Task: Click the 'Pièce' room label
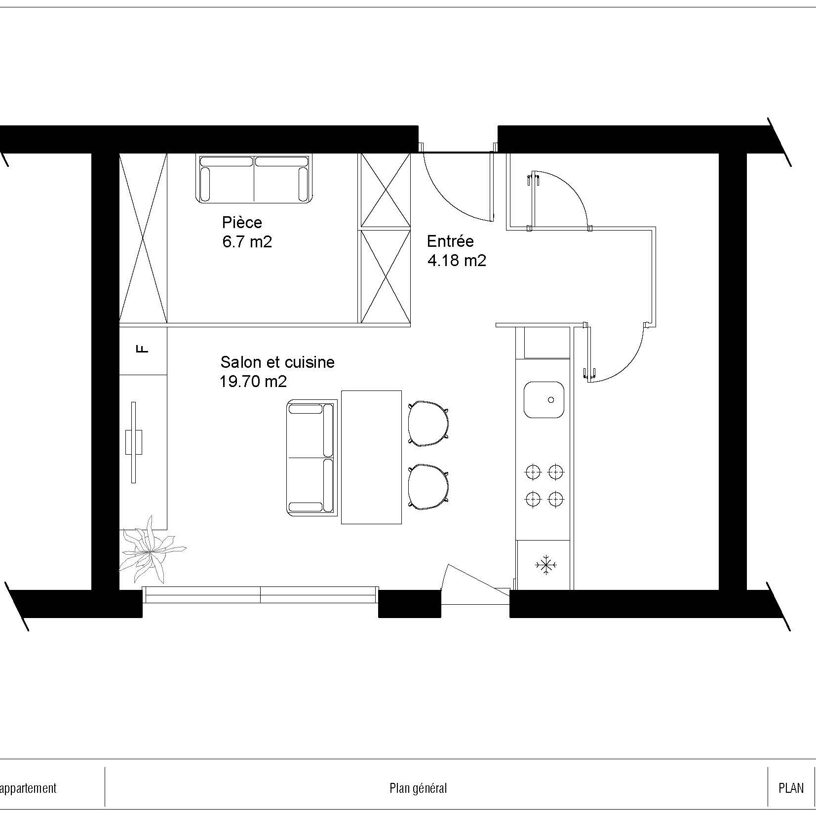pyautogui.click(x=242, y=223)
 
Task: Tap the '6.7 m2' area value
pyautogui.click(x=247, y=242)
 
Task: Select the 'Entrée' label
pyautogui.click(x=450, y=241)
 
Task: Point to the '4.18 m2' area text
pyautogui.click(x=456, y=261)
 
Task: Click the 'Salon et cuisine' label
pyautogui.click(x=277, y=362)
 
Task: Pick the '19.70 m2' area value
pyautogui.click(x=253, y=382)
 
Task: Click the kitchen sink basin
pyautogui.click(x=543, y=399)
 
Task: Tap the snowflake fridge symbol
pyautogui.click(x=545, y=565)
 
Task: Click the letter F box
pyautogui.click(x=143, y=350)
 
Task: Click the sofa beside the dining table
pyautogui.click(x=310, y=458)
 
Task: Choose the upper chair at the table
pyautogui.click(x=428, y=424)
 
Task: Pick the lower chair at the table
pyautogui.click(x=428, y=486)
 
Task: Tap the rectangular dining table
pyautogui.click(x=371, y=457)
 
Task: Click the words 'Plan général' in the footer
pyautogui.click(x=418, y=788)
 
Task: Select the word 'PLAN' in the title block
pyautogui.click(x=791, y=788)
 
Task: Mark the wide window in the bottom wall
pyautogui.click(x=260, y=595)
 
